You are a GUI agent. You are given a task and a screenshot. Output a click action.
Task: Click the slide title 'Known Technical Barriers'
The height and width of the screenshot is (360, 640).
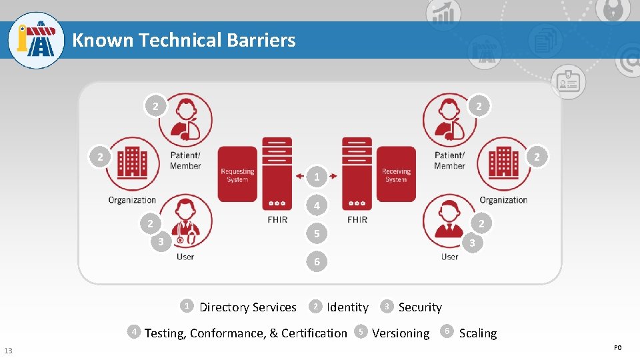pos(183,40)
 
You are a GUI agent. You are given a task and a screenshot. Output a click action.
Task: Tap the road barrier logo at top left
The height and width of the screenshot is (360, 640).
pos(36,40)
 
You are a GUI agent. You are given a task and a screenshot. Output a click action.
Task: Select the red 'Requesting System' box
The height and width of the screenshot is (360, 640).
pos(237,174)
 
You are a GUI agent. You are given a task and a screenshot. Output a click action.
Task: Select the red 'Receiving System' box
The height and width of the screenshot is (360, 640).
pos(396,174)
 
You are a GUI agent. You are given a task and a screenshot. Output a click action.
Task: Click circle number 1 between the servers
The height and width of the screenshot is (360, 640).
pos(317,177)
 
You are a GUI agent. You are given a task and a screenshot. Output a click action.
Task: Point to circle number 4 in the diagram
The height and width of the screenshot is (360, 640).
pos(317,206)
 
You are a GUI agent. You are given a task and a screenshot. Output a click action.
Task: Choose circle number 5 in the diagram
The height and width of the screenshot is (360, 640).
pos(317,234)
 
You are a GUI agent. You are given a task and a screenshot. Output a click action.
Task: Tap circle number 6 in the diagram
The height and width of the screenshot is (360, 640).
pos(317,262)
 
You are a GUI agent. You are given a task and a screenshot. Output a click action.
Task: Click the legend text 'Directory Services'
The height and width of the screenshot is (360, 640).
pos(247,307)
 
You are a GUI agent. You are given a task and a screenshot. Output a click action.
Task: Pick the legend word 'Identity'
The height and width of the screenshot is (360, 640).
pos(347,307)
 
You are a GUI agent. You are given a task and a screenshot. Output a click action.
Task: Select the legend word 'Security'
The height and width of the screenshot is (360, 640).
pos(420,307)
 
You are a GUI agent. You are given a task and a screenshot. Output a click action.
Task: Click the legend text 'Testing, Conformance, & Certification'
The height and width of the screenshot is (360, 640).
pos(246,333)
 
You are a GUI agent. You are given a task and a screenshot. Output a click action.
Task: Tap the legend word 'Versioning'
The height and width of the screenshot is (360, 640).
pos(401,333)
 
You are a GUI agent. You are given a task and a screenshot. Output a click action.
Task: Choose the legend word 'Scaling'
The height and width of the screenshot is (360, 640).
pos(478,333)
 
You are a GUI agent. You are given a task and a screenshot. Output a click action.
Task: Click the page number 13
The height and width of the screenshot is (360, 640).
pos(7,351)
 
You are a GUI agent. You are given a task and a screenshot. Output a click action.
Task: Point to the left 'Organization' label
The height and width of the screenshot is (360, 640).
pos(132,200)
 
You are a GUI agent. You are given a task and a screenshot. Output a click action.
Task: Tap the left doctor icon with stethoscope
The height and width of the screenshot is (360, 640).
pos(185,221)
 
